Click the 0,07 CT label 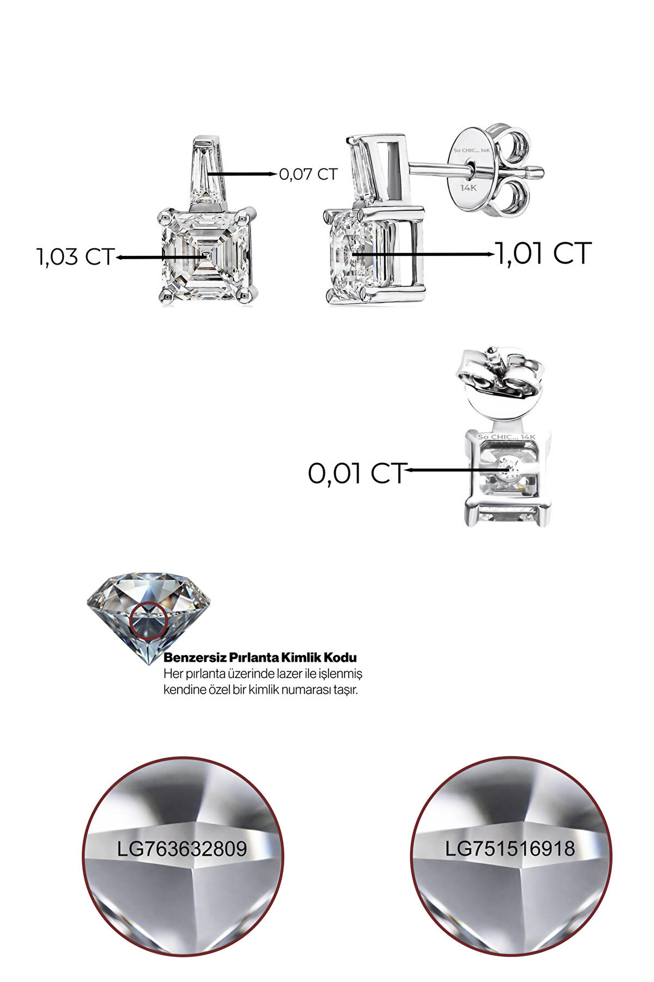[308, 175]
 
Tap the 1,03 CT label [76, 257]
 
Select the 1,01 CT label [544, 254]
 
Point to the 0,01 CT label [357, 474]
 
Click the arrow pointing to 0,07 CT [242, 174]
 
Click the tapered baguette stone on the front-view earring [207, 171]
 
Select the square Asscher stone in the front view [206, 255]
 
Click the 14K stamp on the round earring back [468, 188]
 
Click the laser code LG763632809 [181, 849]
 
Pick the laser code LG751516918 [510, 849]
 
